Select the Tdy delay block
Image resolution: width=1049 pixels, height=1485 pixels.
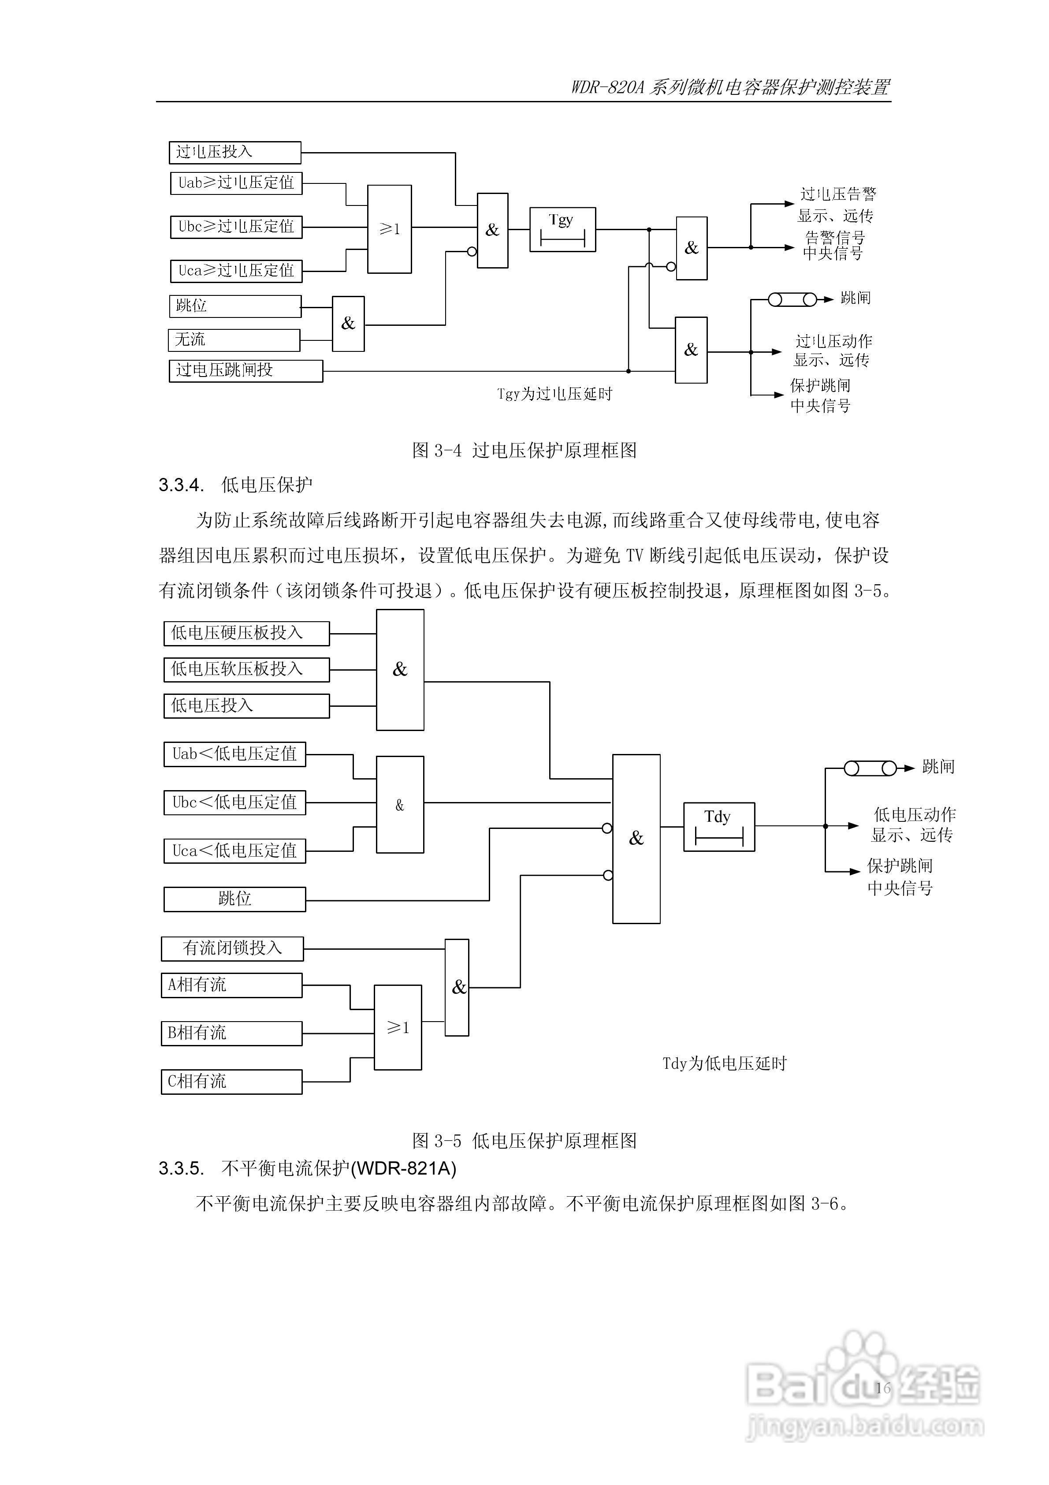pos(718,827)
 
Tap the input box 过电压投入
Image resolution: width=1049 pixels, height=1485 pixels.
pos(235,152)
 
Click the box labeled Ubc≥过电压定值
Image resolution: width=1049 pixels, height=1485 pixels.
pos(236,227)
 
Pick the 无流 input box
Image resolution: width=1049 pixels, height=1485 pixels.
pos(234,340)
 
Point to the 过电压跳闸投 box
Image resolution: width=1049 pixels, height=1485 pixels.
pos(246,371)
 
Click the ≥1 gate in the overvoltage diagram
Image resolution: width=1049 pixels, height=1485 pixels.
pos(389,229)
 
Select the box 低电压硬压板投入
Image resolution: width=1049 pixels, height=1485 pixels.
pos(246,633)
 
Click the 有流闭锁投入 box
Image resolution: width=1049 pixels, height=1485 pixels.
pos(232,949)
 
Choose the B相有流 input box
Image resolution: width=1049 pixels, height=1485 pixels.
pos(231,1033)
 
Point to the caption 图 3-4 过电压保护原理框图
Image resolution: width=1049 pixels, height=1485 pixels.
pos(524,450)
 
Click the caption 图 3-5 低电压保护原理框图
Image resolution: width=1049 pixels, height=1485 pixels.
pos(524,1141)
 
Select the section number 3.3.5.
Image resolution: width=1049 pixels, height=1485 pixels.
pos(181,1169)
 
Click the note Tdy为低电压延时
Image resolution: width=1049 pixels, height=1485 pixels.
pos(724,1064)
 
